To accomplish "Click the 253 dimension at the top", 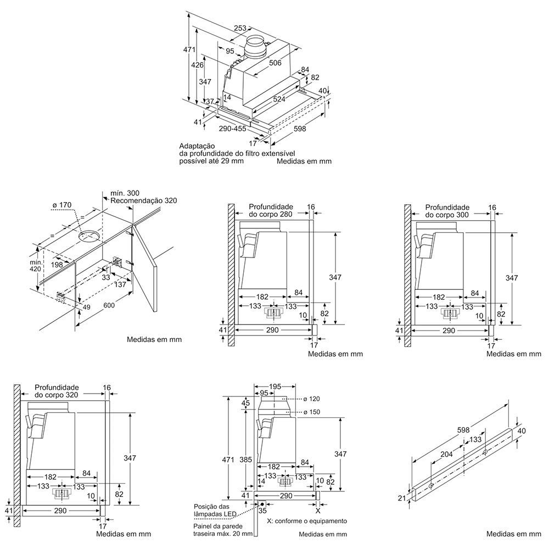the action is (240, 28).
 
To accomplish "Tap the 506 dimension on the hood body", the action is (275, 63).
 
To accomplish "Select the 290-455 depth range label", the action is (232, 129).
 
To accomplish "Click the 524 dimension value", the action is (279, 99).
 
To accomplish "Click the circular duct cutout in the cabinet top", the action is (88, 236).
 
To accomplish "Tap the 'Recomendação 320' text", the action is (143, 200).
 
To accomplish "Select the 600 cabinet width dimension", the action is (109, 305).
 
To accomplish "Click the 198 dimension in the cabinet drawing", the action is (57, 265).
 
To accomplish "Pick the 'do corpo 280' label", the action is (270, 214).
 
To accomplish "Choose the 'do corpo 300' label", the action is (447, 215).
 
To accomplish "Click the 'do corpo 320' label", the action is (57, 395).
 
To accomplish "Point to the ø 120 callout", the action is (311, 399).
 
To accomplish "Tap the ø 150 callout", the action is (311, 412).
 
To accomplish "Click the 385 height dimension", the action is (246, 459).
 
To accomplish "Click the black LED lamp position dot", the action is (262, 504).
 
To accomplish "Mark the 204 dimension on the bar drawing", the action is (446, 454).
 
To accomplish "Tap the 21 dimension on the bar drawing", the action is (402, 497).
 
